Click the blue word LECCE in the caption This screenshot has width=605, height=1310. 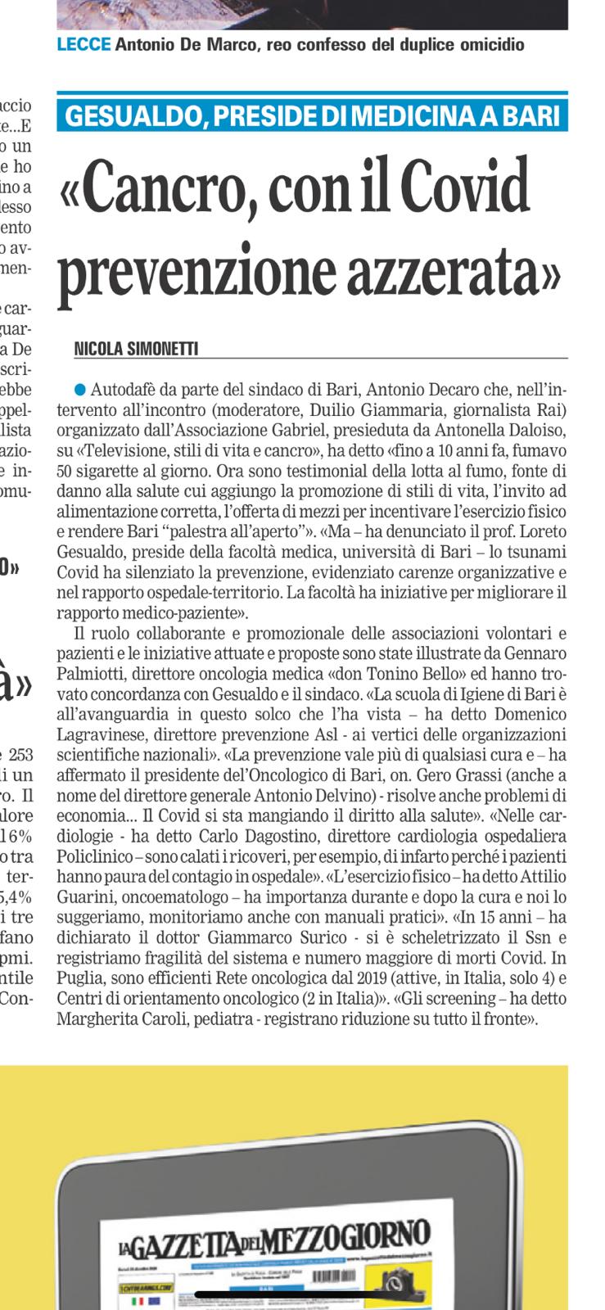pos(84,45)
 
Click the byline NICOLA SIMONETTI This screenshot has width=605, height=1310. pos(136,349)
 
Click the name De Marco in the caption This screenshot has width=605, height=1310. pos(211,45)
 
